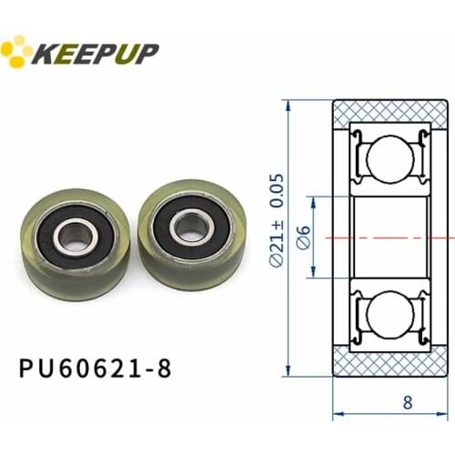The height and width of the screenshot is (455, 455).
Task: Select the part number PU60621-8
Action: tap(95, 368)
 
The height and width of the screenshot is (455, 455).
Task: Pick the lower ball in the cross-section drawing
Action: tap(388, 316)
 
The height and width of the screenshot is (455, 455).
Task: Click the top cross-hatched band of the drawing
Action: tap(389, 110)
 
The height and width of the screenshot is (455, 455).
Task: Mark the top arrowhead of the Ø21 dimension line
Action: tap(288, 101)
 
